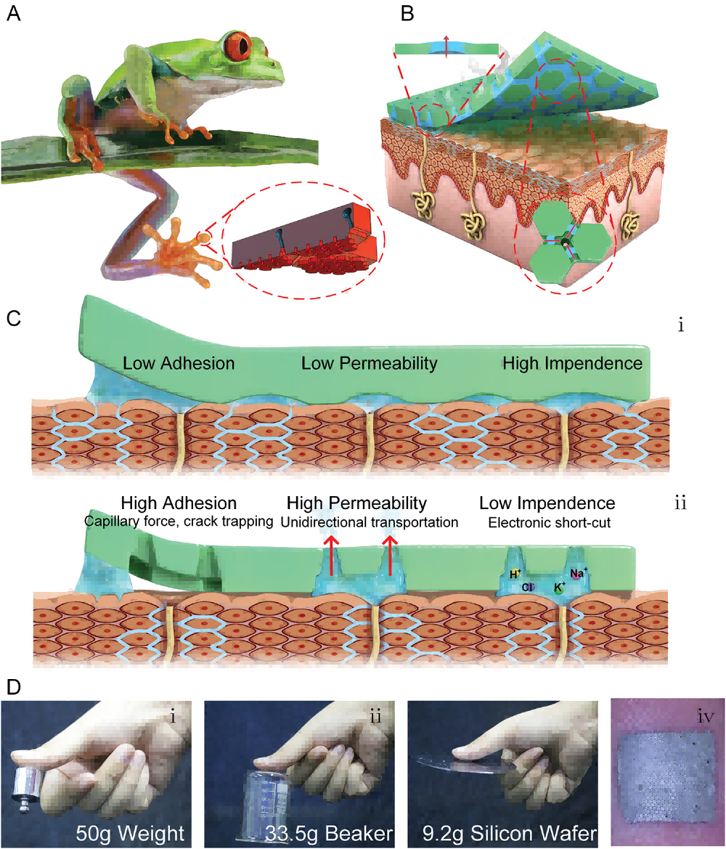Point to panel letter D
pos(14,686)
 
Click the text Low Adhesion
pos(179,362)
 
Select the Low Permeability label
pos(370,362)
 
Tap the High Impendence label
pos(573,362)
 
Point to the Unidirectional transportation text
pos(369,521)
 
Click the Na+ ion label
pos(579,572)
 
